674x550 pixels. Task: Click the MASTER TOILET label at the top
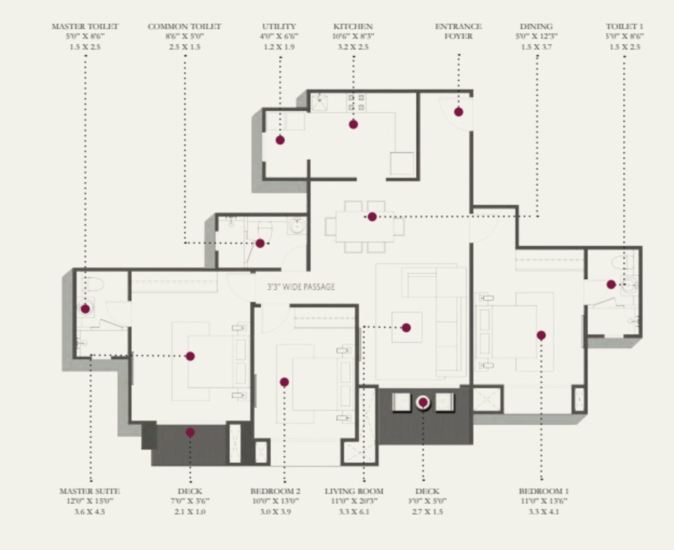[85, 27]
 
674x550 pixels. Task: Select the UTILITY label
[279, 27]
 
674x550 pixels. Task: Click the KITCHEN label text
[353, 27]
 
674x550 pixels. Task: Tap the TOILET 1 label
[624, 27]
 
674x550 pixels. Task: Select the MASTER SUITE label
[90, 491]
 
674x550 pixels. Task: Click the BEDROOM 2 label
[275, 491]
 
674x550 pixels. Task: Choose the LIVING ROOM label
[354, 491]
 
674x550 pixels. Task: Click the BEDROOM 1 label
[543, 491]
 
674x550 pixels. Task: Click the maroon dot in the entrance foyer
[458, 112]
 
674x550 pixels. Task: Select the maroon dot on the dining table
[372, 217]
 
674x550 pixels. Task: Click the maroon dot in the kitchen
[353, 124]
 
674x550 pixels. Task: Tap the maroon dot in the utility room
[280, 140]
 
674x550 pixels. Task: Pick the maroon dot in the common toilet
[260, 243]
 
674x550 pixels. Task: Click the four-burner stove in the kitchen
[356, 102]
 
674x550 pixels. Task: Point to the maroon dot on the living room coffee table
[406, 328]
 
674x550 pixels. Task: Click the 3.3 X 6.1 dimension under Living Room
[354, 512]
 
